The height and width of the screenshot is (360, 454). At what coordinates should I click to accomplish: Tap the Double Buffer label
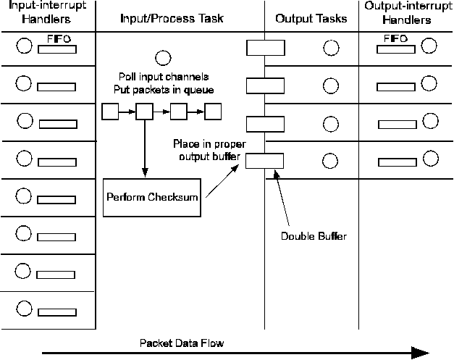click(314, 235)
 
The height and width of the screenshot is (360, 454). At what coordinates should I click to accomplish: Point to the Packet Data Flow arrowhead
click(419, 353)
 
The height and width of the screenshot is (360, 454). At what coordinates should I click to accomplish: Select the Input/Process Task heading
click(172, 17)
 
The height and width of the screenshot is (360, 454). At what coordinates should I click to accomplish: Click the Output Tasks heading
click(311, 17)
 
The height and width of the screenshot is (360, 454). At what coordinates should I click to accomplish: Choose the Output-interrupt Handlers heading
click(405, 13)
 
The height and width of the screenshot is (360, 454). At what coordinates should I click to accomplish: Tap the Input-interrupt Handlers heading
click(47, 13)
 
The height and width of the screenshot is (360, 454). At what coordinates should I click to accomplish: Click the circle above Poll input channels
click(163, 57)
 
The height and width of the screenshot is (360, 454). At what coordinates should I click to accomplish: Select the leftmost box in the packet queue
click(110, 112)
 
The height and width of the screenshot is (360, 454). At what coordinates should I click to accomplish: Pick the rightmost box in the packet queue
click(213, 112)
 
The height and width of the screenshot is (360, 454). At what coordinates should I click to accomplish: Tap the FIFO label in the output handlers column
click(395, 38)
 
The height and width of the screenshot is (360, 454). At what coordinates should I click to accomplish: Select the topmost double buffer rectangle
click(264, 48)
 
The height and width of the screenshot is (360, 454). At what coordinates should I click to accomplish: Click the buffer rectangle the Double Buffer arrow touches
click(264, 161)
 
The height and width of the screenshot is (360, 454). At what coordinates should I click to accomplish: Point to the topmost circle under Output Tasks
click(330, 48)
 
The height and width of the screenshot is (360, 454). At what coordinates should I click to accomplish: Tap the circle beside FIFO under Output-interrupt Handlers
click(429, 46)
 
